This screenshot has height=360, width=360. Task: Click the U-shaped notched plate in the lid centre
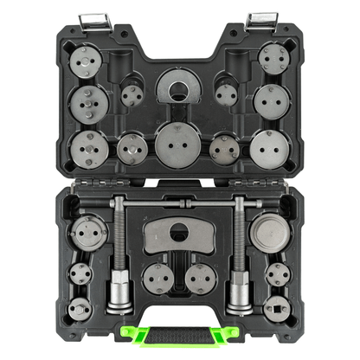(180, 89)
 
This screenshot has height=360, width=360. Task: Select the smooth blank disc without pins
(271, 234)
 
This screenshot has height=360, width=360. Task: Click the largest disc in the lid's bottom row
(180, 145)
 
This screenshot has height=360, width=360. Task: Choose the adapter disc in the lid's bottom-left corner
(90, 148)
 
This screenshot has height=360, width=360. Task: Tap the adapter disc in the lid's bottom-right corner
(268, 149)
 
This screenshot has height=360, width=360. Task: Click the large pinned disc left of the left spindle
(87, 234)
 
